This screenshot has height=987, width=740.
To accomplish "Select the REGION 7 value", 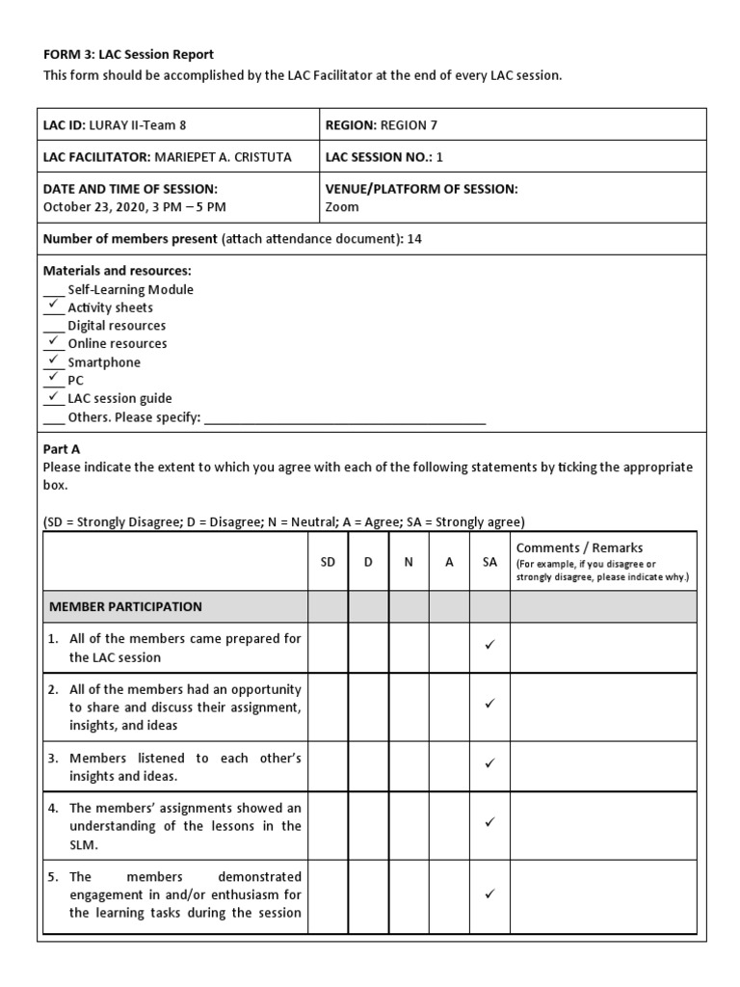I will click(x=409, y=124).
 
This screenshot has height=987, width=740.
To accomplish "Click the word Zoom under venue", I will click(x=342, y=206).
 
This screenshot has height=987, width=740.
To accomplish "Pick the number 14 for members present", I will click(x=414, y=239).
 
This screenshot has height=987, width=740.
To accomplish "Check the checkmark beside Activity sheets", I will click(x=54, y=306).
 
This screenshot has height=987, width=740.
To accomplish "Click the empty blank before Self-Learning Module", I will click(x=54, y=290).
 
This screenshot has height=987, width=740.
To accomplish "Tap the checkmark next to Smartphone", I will click(x=54, y=360).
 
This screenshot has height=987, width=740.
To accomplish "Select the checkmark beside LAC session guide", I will click(x=54, y=396).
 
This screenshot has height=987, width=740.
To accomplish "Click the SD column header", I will click(x=328, y=562).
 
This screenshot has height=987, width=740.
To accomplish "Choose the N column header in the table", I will click(x=409, y=562).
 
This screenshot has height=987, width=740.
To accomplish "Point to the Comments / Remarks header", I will click(x=579, y=547).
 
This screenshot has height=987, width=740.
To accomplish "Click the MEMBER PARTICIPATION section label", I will click(x=122, y=607).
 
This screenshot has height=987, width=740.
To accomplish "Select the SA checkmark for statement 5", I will click(x=489, y=894).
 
